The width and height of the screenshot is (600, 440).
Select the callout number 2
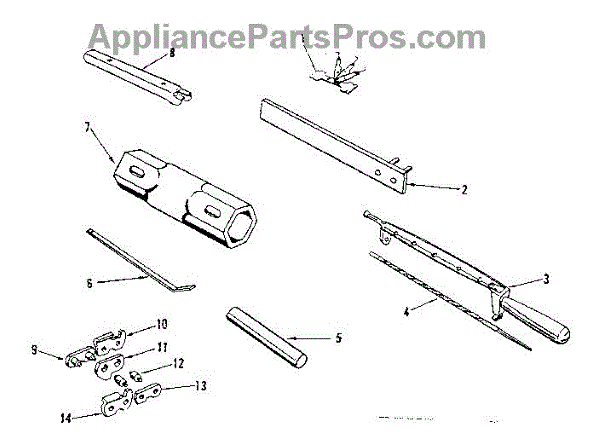click(x=465, y=187)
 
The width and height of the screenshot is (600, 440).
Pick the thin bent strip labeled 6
click(x=140, y=260)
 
